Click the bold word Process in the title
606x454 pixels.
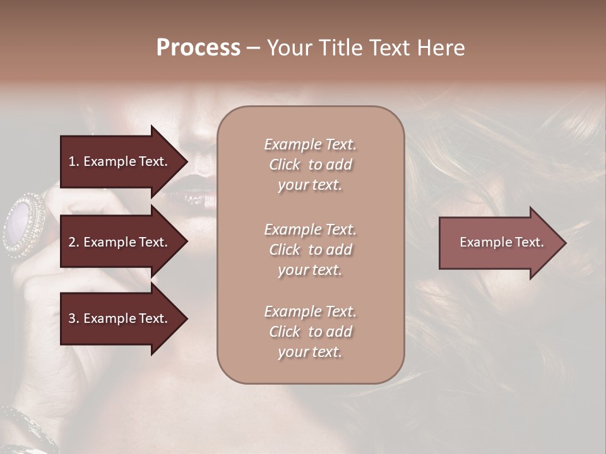click(x=198, y=48)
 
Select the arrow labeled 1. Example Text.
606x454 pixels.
click(x=120, y=161)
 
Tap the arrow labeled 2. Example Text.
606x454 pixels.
click(x=120, y=242)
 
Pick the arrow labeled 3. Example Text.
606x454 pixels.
click(x=120, y=318)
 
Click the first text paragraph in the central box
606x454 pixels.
click(x=310, y=165)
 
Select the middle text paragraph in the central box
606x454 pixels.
click(x=310, y=250)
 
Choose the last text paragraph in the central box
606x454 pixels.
click(x=310, y=332)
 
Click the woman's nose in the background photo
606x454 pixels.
click(x=202, y=129)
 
